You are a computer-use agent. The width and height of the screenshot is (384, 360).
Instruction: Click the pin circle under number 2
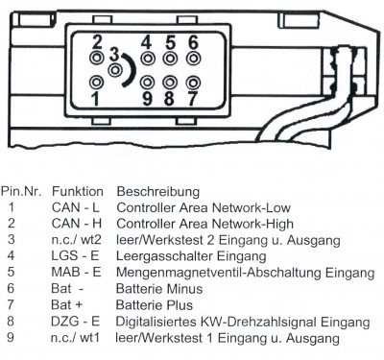97,59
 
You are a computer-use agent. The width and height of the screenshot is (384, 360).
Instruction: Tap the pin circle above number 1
96,83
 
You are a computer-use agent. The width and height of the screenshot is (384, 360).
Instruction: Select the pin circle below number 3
114,70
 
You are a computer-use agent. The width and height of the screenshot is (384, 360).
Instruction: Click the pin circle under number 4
148,59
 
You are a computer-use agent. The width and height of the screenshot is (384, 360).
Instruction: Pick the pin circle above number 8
170,83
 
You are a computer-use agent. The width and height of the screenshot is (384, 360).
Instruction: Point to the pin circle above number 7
193,83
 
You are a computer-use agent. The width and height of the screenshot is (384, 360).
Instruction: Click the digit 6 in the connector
193,42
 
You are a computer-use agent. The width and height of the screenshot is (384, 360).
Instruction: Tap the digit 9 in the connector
147,99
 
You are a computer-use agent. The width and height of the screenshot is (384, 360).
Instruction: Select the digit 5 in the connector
170,42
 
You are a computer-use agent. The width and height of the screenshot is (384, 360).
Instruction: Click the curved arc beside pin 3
132,70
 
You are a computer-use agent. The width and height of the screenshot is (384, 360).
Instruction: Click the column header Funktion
78,192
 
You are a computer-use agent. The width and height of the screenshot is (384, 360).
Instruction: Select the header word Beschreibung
158,192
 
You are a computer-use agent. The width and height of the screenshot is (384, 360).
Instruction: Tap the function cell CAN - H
77,224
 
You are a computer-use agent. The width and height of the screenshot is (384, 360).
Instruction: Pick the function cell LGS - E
75,255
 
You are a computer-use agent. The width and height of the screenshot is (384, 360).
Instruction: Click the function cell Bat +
66,304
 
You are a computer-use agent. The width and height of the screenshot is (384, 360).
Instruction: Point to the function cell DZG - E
75,321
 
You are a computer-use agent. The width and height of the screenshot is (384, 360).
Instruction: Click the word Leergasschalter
165,256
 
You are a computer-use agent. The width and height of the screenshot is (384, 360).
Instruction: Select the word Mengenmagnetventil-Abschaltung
219,273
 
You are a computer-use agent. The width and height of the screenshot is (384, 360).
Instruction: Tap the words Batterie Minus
159,289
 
